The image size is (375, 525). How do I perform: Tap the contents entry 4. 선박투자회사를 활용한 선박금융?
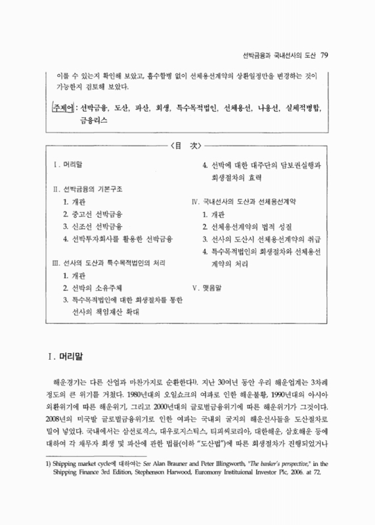[x=115, y=239]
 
